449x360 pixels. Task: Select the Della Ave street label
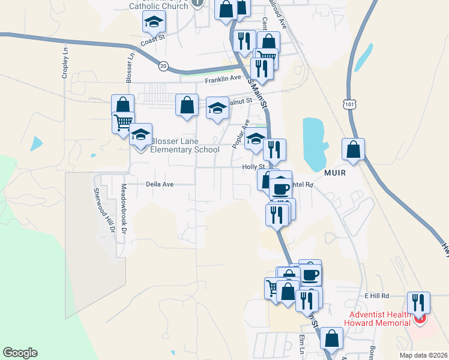(x=160, y=184)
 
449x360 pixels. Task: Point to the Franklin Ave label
(x=223, y=79)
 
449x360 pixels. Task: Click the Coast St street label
(x=152, y=42)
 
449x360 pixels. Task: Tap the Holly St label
(x=253, y=167)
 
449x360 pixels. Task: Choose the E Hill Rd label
(x=377, y=296)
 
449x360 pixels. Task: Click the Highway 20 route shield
(x=163, y=67)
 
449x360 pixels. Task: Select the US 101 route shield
(x=350, y=104)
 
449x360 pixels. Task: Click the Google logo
(x=20, y=353)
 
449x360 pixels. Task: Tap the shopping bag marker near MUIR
(x=353, y=149)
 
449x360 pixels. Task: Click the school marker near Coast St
(x=154, y=23)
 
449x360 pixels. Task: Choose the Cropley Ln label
(x=65, y=64)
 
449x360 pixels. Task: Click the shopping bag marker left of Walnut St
(x=187, y=104)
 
